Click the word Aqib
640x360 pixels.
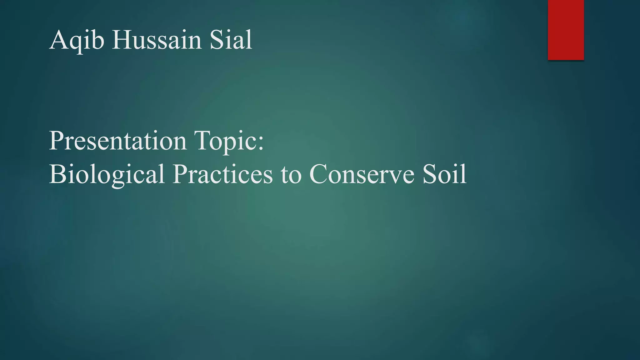point(77,40)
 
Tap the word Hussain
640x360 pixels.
point(157,40)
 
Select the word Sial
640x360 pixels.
point(231,40)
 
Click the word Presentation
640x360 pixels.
point(118,141)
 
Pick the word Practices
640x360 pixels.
point(222,174)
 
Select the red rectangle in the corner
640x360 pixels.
point(566,30)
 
